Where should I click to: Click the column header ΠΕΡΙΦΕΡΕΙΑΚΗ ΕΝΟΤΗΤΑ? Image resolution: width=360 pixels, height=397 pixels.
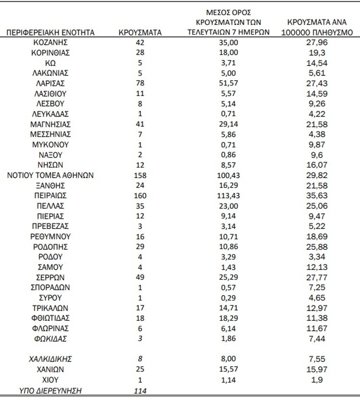(x=50, y=33)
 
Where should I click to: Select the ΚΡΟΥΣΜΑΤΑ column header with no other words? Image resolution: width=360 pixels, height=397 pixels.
(x=139, y=33)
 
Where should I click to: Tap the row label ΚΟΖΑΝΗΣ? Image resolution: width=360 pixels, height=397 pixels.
(x=50, y=43)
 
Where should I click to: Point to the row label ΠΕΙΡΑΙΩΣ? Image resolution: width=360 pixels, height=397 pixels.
(x=50, y=195)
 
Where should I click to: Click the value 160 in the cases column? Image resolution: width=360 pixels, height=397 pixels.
(x=139, y=195)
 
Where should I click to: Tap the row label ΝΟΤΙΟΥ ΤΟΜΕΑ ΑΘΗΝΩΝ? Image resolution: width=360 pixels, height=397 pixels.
(x=50, y=175)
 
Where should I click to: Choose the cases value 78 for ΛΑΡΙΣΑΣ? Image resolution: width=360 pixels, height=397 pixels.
(x=139, y=84)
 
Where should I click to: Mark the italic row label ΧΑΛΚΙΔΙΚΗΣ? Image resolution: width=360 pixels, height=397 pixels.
(x=50, y=359)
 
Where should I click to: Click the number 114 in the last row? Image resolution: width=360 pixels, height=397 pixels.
(x=139, y=390)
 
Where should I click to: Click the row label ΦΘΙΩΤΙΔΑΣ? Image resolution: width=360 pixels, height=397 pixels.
(x=50, y=318)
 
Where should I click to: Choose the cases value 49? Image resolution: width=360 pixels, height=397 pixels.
(x=139, y=277)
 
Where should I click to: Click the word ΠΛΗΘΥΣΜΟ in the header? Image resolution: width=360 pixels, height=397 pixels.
(x=333, y=33)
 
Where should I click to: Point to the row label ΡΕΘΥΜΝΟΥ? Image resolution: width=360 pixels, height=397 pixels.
(x=50, y=236)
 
